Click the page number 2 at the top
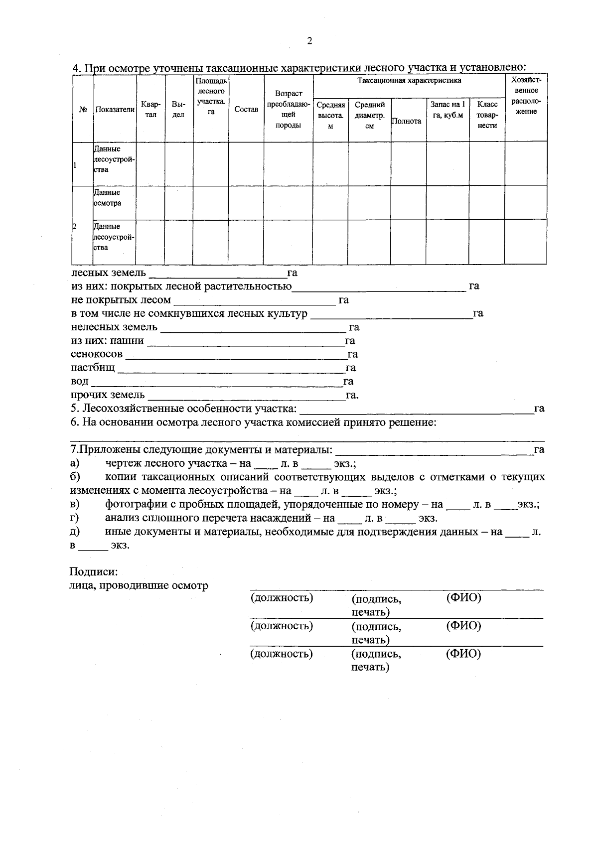click(309, 41)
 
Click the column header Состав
click(246, 110)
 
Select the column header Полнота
click(406, 121)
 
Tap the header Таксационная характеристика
click(409, 80)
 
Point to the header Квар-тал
click(150, 110)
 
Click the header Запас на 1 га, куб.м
click(447, 110)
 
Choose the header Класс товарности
click(487, 115)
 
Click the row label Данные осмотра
click(107, 198)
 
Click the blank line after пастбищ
click(231, 372)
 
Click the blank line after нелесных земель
click(253, 331)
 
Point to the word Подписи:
click(93, 572)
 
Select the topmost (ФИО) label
click(463, 597)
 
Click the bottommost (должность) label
click(282, 654)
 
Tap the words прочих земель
click(108, 395)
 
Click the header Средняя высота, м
click(330, 115)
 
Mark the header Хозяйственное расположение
click(526, 96)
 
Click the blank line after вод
click(218, 385)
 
